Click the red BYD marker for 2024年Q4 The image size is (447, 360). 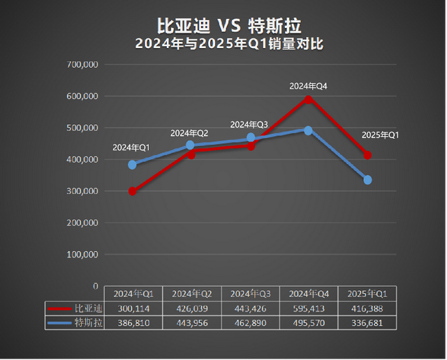(x=309, y=99)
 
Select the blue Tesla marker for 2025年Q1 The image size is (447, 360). (x=367, y=180)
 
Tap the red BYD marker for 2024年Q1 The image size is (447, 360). (x=133, y=191)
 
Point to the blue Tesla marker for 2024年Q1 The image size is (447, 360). (x=133, y=165)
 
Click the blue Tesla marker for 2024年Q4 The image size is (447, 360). (x=309, y=130)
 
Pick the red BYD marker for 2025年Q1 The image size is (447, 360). (x=367, y=155)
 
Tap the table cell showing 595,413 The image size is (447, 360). (x=309, y=308)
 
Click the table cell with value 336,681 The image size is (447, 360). (x=367, y=323)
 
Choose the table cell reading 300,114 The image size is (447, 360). (x=133, y=308)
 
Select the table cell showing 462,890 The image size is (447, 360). (x=250, y=323)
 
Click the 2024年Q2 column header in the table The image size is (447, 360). (x=191, y=294)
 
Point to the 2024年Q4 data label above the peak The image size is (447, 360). (x=309, y=86)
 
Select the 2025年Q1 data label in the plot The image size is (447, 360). (x=380, y=135)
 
